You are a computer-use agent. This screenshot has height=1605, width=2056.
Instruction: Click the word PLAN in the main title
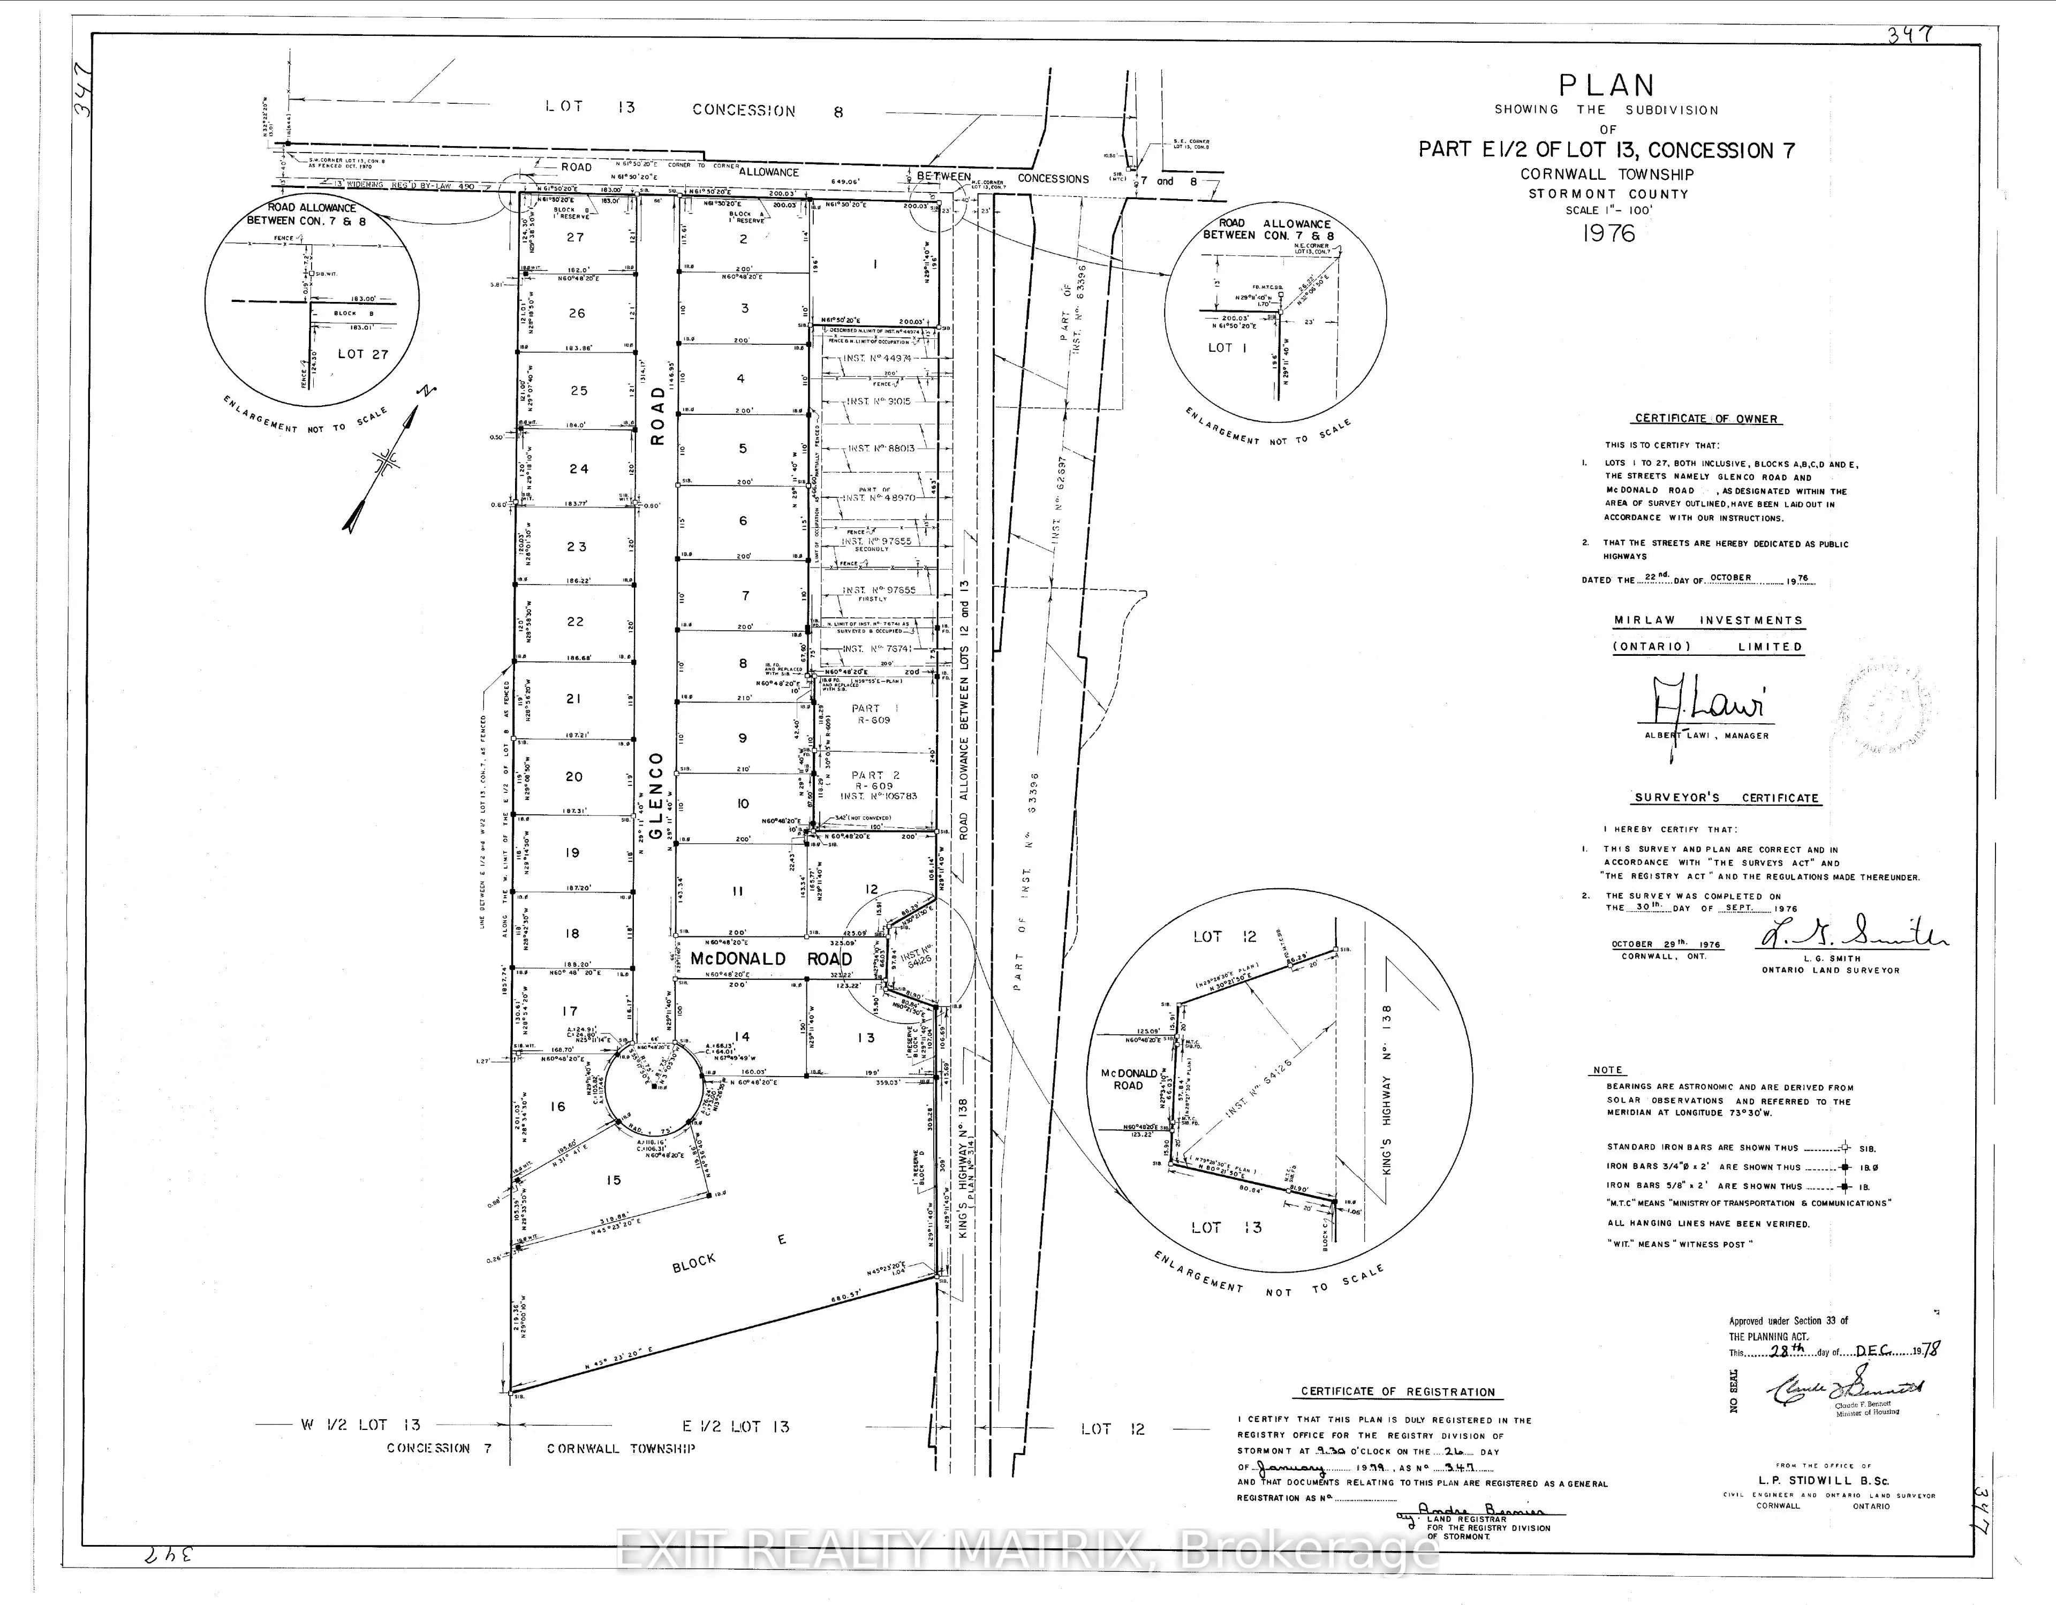[1607, 86]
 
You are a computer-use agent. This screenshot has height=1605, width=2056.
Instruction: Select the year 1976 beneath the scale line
[1609, 233]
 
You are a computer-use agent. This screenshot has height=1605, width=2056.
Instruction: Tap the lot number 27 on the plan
[575, 237]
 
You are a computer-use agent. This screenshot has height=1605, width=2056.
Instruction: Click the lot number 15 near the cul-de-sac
[613, 1179]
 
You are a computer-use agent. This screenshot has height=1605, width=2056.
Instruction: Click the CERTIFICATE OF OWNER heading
[1706, 418]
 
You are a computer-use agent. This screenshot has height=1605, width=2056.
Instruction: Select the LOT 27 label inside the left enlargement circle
[362, 354]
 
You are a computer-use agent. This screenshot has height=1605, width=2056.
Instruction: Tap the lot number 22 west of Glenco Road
[575, 622]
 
